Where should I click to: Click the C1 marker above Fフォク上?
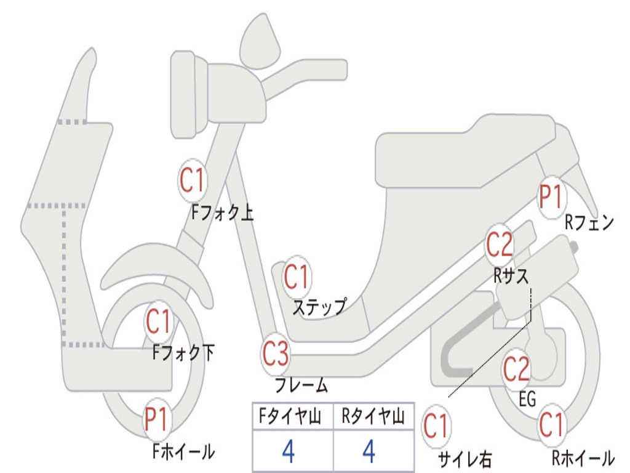[191, 180]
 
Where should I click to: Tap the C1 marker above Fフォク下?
[159, 321]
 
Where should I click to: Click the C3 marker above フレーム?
[275, 354]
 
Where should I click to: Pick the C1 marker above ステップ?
[297, 277]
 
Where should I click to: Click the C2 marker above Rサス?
[499, 245]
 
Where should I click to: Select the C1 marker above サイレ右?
[436, 425]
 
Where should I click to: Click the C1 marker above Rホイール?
[551, 424]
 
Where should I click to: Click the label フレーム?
[301, 386]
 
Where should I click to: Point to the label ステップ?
[319, 306]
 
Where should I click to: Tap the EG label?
[527, 400]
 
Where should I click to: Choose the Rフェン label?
[589, 223]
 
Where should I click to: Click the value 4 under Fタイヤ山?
[288, 451]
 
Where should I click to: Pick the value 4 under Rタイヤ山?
[369, 451]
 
